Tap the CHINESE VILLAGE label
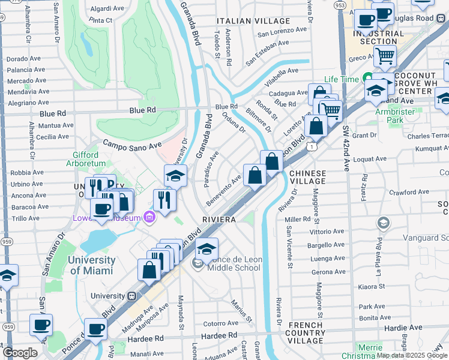tap(307, 178)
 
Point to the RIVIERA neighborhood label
tap(218, 220)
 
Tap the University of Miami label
tap(91, 265)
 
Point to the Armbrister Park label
tap(396, 115)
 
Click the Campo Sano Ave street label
tap(132, 145)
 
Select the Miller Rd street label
tap(297, 220)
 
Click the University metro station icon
tap(131, 296)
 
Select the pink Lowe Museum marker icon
tap(148, 217)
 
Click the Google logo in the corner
tap(20, 353)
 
